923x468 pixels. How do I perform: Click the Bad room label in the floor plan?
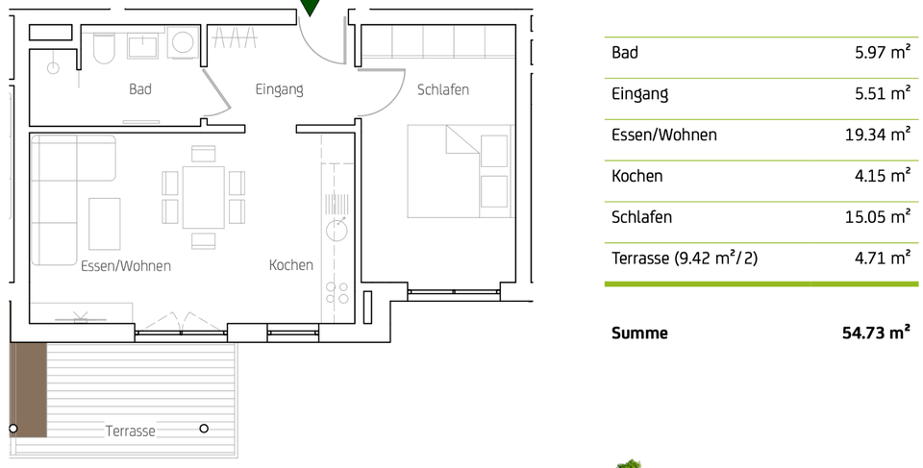[140, 89]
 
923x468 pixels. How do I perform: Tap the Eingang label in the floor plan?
[279, 89]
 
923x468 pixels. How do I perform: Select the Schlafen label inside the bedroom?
[443, 89]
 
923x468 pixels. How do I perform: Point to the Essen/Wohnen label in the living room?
[126, 266]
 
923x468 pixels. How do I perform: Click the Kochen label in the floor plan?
[291, 265]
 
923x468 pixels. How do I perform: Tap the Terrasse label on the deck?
[130, 431]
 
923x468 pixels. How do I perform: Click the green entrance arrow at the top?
[310, 8]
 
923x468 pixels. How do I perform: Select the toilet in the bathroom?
[105, 47]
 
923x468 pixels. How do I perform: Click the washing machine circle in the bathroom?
[181, 42]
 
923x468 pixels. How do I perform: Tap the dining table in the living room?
[203, 197]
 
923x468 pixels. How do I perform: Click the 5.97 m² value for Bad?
[882, 53]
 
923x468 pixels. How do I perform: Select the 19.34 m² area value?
[877, 135]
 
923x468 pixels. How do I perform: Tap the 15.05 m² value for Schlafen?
[877, 216]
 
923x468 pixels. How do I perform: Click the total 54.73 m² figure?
[876, 333]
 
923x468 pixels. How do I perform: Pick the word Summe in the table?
[639, 333]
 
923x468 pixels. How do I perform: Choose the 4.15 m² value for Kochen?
[882, 176]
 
